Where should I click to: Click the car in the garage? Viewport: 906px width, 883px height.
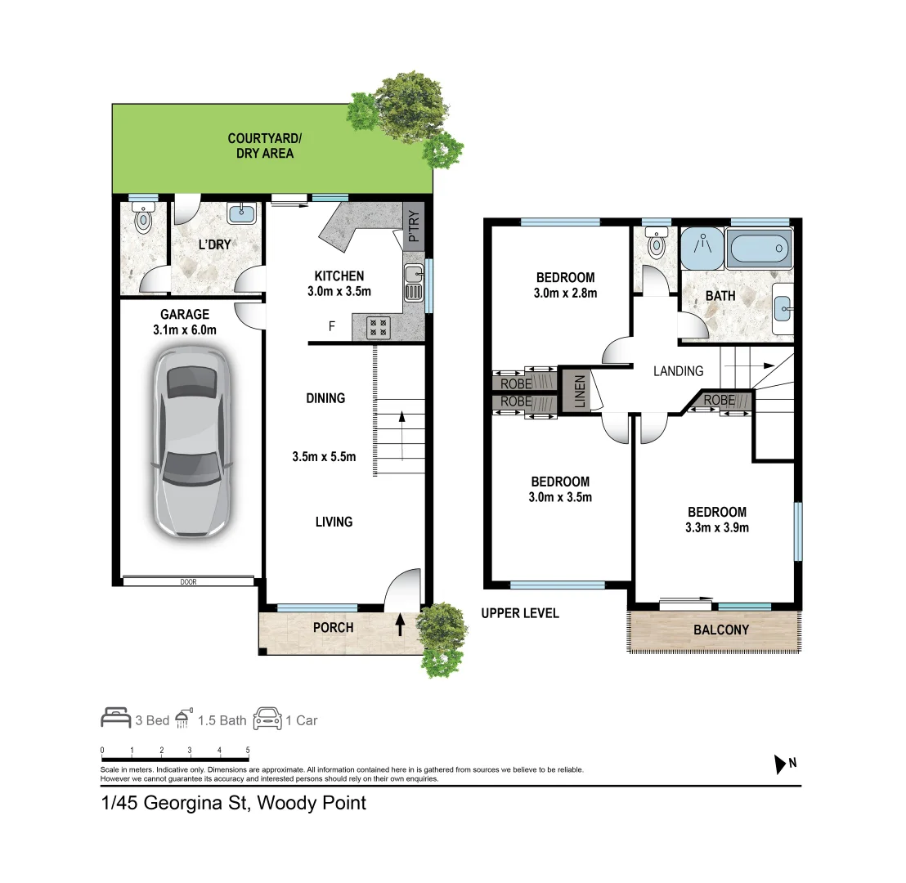coord(191,442)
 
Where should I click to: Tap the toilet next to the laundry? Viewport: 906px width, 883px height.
coord(144,218)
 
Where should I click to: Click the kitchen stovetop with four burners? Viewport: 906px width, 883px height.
coord(379,327)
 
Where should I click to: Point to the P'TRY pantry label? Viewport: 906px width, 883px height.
coord(414,227)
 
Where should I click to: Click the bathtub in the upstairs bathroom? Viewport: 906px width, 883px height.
coord(760,249)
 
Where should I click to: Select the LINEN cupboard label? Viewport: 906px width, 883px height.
coord(580,391)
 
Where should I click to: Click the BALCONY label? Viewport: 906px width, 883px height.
coord(721,630)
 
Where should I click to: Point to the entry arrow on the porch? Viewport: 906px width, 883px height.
coord(400,625)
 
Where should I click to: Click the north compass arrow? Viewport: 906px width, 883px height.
coord(778,764)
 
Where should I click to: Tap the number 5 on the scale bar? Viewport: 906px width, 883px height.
coord(247,750)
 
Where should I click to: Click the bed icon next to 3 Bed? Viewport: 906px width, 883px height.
coord(115,719)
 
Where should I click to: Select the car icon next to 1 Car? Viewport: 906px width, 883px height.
coord(267,719)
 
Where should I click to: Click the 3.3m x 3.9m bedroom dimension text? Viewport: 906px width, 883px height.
coord(716,527)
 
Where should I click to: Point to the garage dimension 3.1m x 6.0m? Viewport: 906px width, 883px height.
coord(185,330)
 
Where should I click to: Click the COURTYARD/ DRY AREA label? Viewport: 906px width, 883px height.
coord(261,146)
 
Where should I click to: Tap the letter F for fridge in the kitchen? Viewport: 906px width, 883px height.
coord(331,326)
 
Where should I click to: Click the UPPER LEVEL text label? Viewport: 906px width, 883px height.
coord(520,612)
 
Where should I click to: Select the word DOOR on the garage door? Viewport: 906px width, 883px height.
coord(190,582)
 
